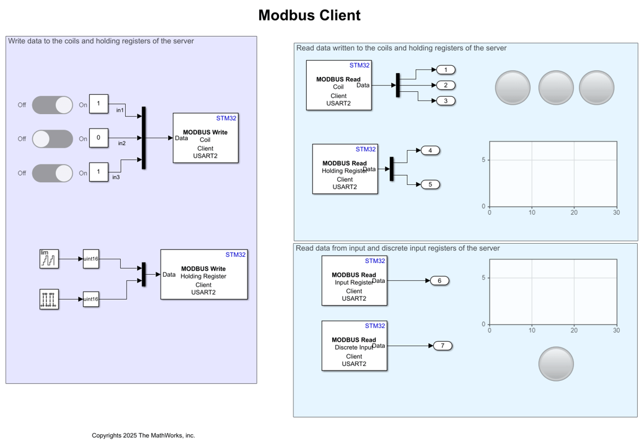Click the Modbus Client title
click(x=309, y=16)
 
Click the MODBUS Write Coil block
click(x=205, y=138)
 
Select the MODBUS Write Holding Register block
click(x=203, y=274)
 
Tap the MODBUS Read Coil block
click(x=338, y=85)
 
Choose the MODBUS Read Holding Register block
click(x=345, y=169)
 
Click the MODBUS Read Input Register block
click(x=354, y=280)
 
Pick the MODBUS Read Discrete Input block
click(x=354, y=346)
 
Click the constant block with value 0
click(x=99, y=138)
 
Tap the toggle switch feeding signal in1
click(x=53, y=105)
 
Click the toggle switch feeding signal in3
click(x=53, y=173)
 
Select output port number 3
click(x=446, y=100)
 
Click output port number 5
click(x=430, y=184)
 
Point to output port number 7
click(x=443, y=346)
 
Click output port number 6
click(x=439, y=280)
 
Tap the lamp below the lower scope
click(x=556, y=363)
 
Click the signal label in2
click(x=121, y=143)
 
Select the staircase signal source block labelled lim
click(x=49, y=259)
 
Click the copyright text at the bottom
click(x=143, y=435)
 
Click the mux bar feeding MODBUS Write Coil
click(x=144, y=138)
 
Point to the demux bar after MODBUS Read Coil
click(x=397, y=85)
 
